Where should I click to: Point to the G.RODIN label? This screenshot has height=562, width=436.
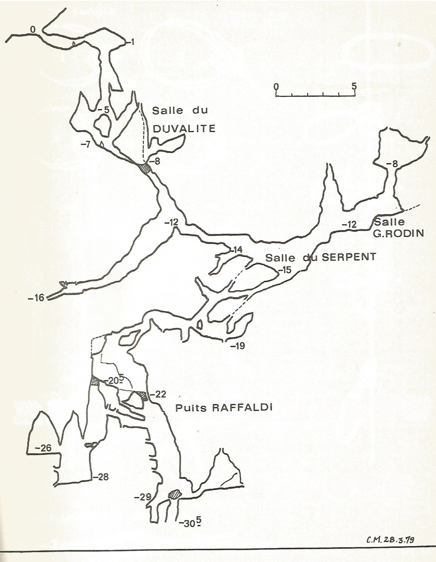point(399,233)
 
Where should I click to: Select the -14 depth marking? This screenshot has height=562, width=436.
point(237,250)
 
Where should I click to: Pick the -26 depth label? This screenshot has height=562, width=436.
point(43,448)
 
